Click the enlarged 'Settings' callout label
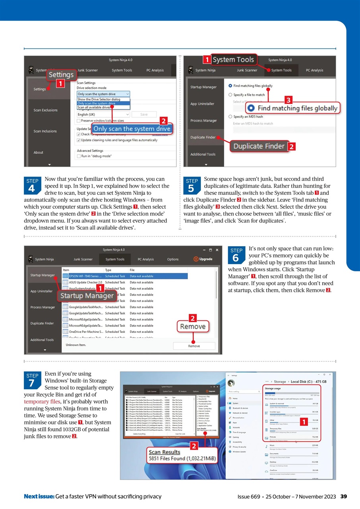click(61, 74)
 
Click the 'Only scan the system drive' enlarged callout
click(132, 129)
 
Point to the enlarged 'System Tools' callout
click(233, 60)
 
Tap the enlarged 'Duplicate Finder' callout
click(259, 146)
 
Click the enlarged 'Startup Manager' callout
click(87, 296)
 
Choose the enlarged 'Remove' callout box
click(193, 326)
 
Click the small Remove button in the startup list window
click(194, 346)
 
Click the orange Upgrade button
click(203, 259)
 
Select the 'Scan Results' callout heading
click(164, 452)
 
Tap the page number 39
click(344, 496)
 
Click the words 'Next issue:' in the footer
click(39, 496)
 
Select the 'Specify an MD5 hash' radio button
click(230, 117)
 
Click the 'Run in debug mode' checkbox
click(79, 156)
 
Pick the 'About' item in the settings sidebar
click(39, 152)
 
